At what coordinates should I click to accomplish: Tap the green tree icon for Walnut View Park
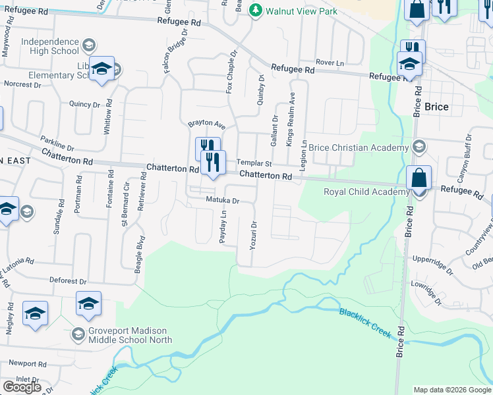coord(270,11)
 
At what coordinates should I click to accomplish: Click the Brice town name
coord(436,107)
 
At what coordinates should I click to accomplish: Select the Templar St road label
coord(255,163)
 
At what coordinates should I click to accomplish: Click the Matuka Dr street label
coord(221,199)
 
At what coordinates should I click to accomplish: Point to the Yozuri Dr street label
coord(253,234)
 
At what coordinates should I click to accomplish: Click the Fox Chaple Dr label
coord(231,71)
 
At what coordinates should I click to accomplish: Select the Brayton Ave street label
coord(207,123)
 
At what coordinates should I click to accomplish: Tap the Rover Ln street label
coord(330,62)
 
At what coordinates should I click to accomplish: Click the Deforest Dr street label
coord(68,280)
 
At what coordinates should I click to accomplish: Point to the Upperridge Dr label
coord(432,265)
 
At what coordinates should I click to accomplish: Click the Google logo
coord(21,386)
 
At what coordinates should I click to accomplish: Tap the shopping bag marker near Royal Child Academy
coord(419,179)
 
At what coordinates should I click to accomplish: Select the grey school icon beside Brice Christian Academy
coord(417,145)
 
